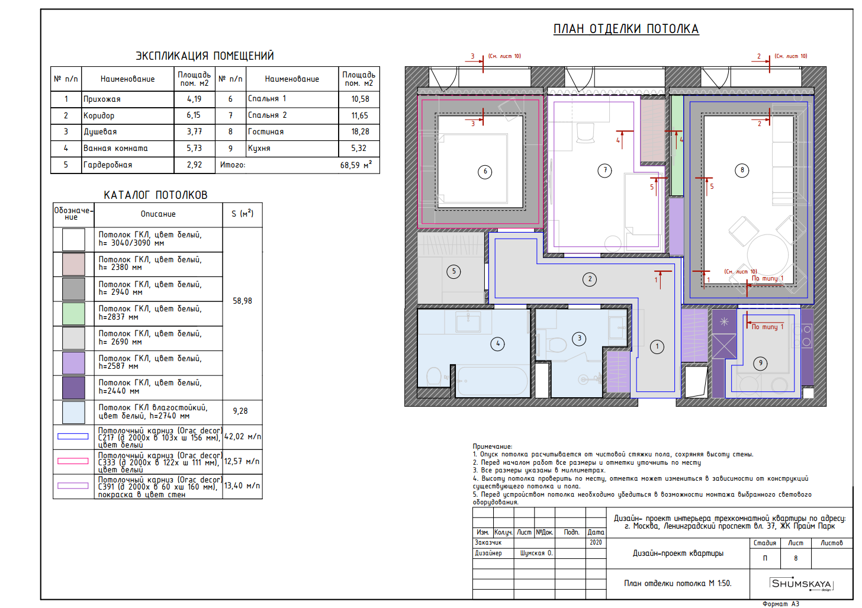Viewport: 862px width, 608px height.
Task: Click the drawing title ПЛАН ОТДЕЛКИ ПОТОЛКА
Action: tap(626, 29)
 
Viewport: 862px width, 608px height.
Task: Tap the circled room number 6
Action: tap(485, 172)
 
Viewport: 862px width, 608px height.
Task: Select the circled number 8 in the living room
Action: tap(742, 170)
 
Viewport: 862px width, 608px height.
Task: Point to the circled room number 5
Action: tap(453, 271)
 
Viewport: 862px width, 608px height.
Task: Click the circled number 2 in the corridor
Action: tap(590, 279)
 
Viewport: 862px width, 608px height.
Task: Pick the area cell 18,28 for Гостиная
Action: tap(360, 131)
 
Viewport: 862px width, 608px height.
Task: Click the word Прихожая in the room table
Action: tap(102, 99)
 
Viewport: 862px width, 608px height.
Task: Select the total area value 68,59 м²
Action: tap(356, 165)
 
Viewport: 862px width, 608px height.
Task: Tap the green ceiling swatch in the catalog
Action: tap(73, 314)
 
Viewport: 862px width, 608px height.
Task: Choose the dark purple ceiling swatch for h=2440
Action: tap(73, 388)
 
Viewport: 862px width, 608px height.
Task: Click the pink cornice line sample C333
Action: tap(73, 461)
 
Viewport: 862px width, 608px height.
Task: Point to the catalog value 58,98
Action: tap(243, 301)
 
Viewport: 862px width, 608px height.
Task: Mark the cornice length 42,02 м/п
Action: tap(243, 436)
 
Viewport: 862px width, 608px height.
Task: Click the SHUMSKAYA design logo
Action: tap(801, 584)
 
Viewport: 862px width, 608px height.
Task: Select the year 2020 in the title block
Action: tap(596, 542)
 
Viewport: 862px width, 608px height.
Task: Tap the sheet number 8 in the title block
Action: tap(796, 558)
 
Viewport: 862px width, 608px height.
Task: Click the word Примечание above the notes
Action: tap(493, 446)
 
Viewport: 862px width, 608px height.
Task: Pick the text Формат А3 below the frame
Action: tap(781, 604)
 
